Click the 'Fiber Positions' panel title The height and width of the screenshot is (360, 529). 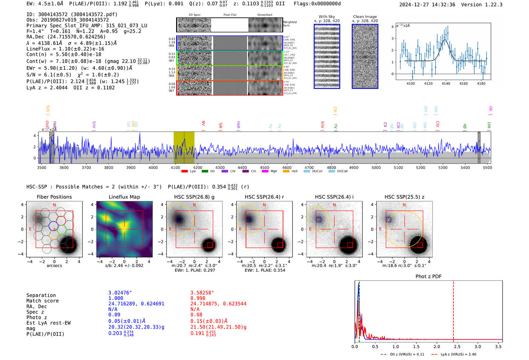tap(54, 197)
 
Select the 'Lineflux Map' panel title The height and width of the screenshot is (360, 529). tap(124, 197)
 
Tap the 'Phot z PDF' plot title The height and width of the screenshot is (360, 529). tap(428, 277)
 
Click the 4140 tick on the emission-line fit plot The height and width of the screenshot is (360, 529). tap(446, 83)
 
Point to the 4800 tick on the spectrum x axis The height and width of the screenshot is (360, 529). tap(331, 168)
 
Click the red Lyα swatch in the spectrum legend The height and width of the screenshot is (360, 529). tap(184, 172)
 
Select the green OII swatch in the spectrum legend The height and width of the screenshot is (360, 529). tap(205, 172)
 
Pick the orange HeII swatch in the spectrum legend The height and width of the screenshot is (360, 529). tap(286, 172)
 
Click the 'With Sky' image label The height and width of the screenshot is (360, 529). tap(326, 17)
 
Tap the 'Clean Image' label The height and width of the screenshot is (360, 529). tap(365, 17)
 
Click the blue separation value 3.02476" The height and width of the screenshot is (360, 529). tap(120, 293)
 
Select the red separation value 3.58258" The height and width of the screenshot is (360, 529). tap(202, 293)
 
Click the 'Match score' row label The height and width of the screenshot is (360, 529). tap(42, 301)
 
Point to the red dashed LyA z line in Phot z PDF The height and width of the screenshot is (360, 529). tap(453, 310)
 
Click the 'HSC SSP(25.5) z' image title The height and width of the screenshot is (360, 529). tap(404, 197)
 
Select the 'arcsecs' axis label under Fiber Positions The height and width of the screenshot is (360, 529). tap(54, 266)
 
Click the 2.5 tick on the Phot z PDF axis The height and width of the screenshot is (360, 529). tap(457, 346)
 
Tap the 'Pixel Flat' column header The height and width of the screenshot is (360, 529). tap(230, 15)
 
